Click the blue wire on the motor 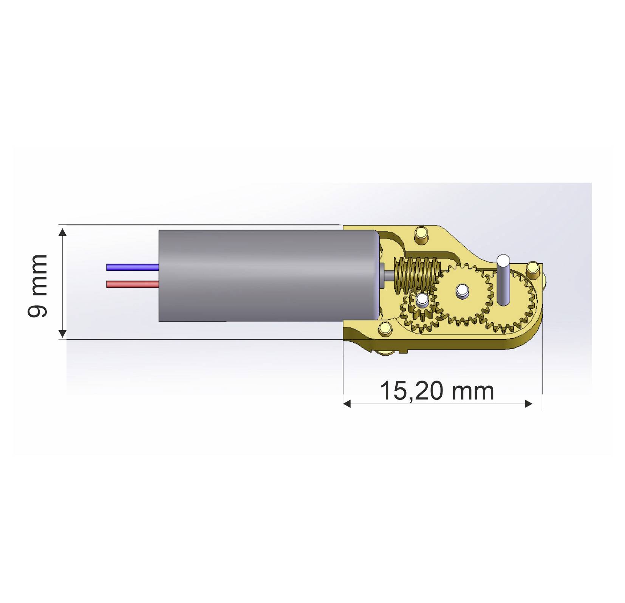pyautogui.click(x=132, y=267)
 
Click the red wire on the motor pyautogui.click(x=132, y=284)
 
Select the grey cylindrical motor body pyautogui.click(x=265, y=276)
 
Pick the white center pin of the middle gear pyautogui.click(x=461, y=290)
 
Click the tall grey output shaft pyautogui.click(x=503, y=280)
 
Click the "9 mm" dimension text pyautogui.click(x=38, y=286)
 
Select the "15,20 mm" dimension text pyautogui.click(x=436, y=391)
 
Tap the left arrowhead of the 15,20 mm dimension pyautogui.click(x=347, y=404)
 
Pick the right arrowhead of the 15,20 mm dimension pyautogui.click(x=529, y=404)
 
